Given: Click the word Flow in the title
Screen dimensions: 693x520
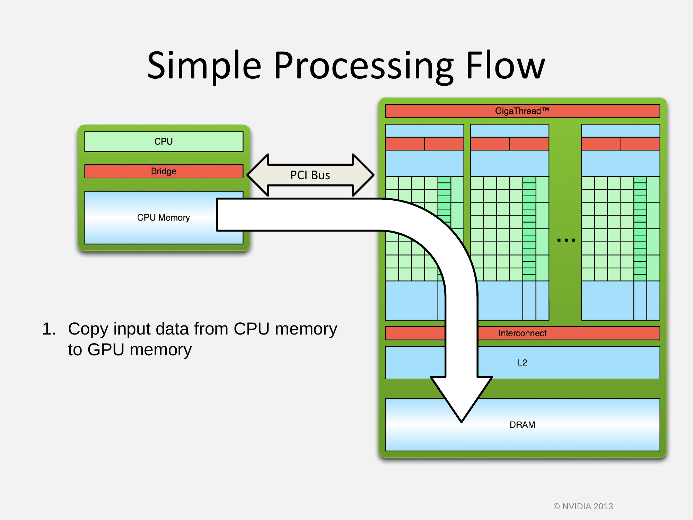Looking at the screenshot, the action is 506,65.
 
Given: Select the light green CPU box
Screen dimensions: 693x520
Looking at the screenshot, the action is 164,141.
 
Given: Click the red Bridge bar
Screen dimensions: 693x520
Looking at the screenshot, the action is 164,171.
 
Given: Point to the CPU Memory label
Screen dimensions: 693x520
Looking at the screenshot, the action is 164,218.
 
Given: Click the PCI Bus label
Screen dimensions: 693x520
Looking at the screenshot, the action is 310,175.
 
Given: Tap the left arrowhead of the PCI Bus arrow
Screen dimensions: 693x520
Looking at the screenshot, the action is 258,175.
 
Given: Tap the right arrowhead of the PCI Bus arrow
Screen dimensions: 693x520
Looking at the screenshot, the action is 363,175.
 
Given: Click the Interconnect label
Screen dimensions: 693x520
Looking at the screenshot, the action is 523,333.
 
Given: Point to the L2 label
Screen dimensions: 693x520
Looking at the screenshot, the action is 522,363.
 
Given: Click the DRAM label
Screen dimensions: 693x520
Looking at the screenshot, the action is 522,425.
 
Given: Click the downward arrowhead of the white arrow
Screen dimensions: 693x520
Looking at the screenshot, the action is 462,399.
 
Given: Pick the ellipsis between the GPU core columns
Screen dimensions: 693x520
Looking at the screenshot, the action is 566,240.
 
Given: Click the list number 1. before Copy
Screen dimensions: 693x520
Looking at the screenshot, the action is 49,329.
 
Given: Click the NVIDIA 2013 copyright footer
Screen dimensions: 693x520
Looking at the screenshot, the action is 583,506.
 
